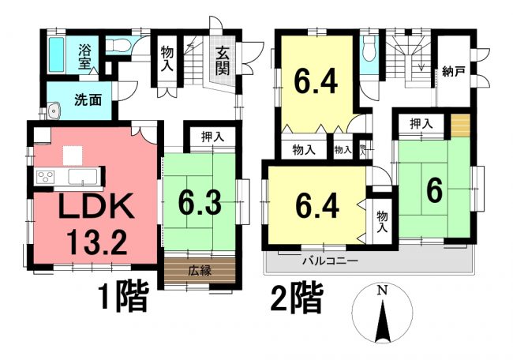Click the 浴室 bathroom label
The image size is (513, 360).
[84, 57]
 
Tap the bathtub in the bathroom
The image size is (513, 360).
[56, 55]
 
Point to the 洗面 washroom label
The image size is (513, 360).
[88, 99]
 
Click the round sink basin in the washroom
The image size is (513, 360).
[54, 111]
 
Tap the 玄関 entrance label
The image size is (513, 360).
[222, 60]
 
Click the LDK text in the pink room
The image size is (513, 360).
[95, 205]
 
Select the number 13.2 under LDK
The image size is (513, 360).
[96, 242]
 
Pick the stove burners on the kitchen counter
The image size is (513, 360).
[45, 177]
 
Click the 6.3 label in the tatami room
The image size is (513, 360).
[200, 203]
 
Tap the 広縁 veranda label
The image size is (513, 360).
[200, 271]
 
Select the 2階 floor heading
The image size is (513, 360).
[297, 298]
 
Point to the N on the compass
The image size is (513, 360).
[381, 290]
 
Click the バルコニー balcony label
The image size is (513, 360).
[330, 261]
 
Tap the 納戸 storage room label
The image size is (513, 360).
[454, 71]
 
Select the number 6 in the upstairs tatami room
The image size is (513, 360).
[435, 192]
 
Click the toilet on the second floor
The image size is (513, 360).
[369, 48]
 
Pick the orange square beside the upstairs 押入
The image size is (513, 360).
[460, 126]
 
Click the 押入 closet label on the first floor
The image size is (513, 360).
[212, 137]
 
